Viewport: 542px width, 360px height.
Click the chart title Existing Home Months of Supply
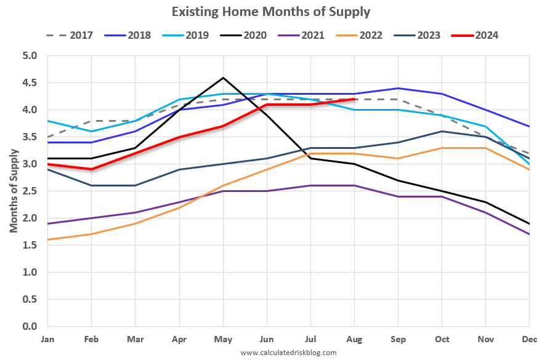(x=271, y=12)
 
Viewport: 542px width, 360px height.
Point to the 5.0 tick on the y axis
(x=30, y=56)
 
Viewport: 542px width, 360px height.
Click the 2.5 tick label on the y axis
(x=30, y=191)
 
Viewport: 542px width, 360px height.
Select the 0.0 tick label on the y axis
(x=30, y=326)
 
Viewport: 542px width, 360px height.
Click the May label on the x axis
(x=223, y=339)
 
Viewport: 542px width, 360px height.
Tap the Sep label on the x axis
(x=398, y=339)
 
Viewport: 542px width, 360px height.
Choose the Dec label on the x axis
(x=528, y=339)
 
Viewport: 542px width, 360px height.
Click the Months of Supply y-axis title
(x=13, y=191)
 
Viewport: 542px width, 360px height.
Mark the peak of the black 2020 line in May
(x=223, y=78)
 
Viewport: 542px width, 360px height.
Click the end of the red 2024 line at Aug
(x=354, y=99)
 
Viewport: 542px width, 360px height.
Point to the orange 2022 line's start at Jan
(x=48, y=240)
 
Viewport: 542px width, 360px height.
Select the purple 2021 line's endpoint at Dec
(x=529, y=234)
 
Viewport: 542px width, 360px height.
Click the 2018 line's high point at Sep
(x=398, y=89)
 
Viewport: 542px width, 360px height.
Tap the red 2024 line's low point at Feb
(x=92, y=169)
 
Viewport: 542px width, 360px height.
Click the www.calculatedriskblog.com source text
(x=288, y=353)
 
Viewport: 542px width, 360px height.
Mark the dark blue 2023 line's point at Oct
(x=442, y=132)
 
